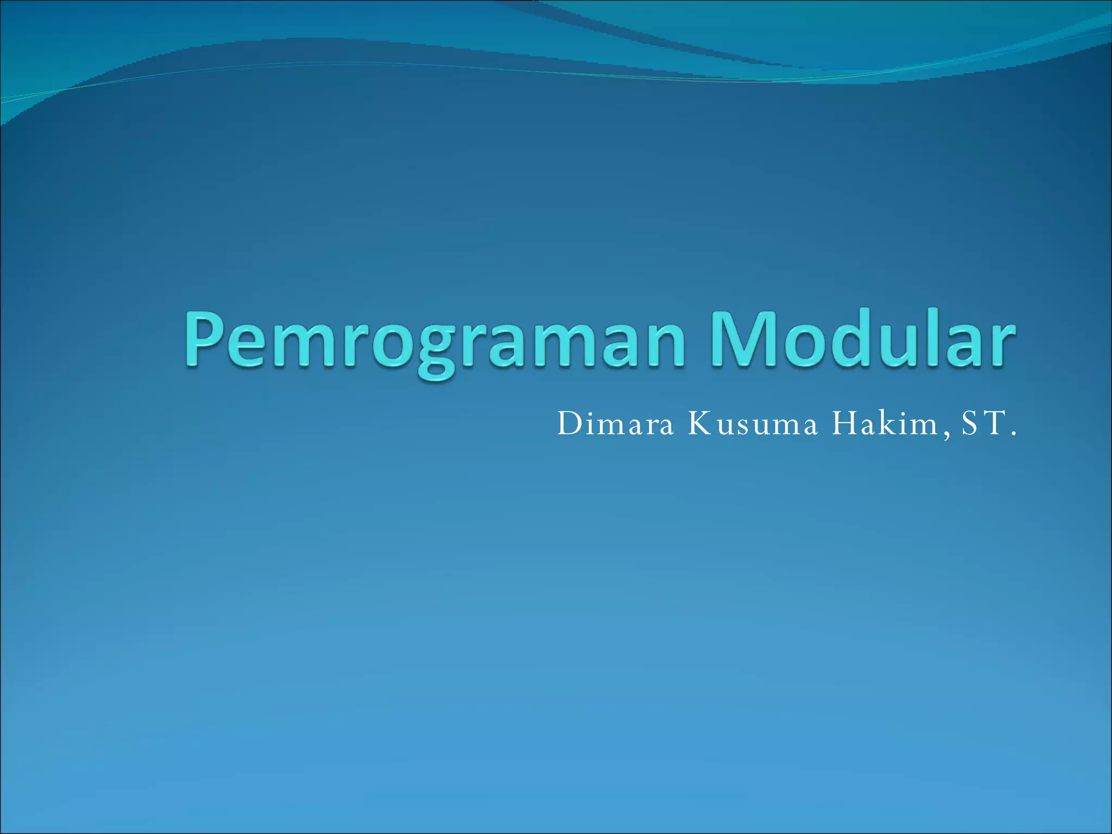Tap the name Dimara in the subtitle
(x=615, y=424)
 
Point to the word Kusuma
(x=753, y=424)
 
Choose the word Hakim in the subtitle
(x=886, y=424)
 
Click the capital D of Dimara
(x=569, y=424)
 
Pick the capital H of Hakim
(x=845, y=424)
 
